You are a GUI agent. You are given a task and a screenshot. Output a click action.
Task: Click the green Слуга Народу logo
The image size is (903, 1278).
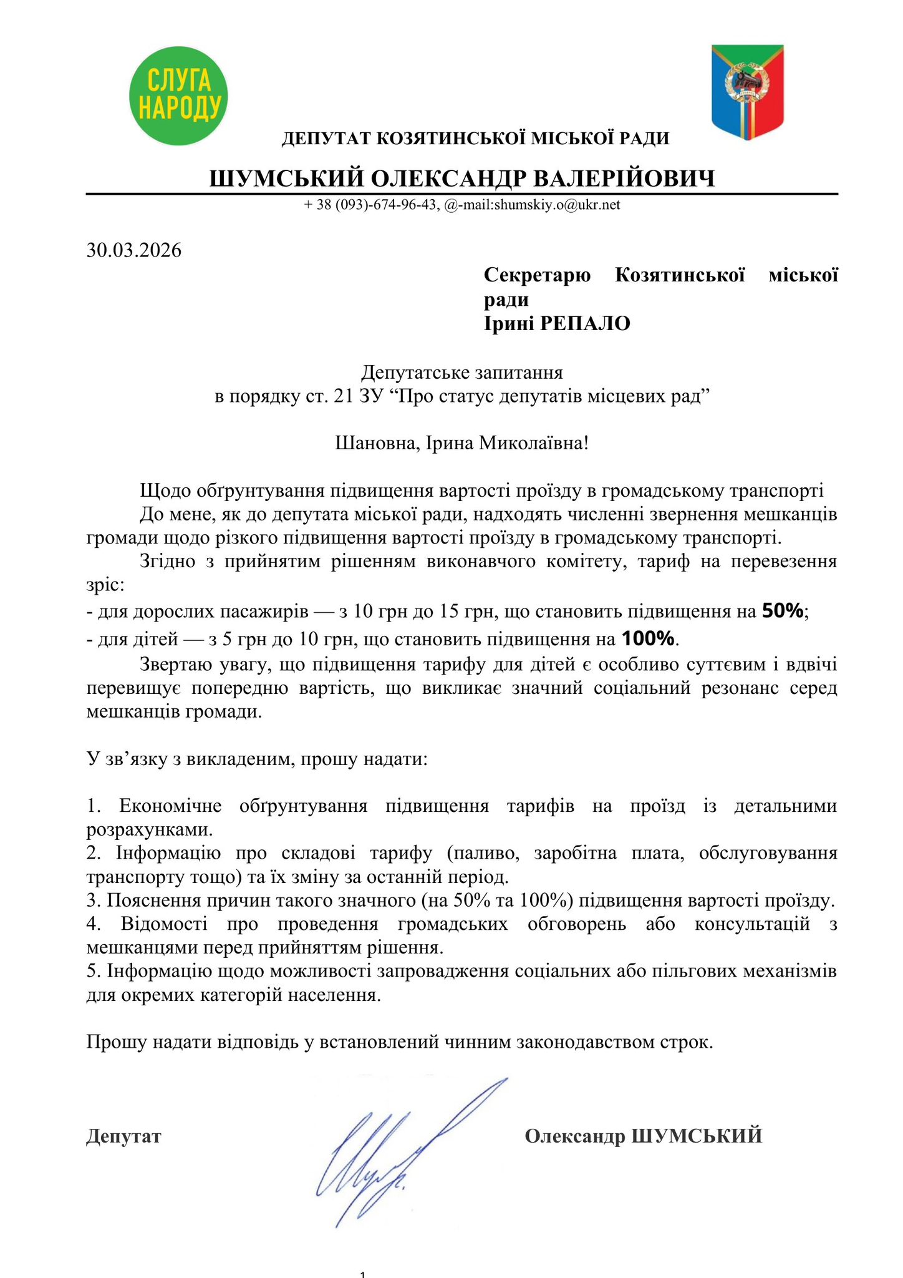(x=178, y=95)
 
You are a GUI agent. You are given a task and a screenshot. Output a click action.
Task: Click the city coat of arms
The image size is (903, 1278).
(x=748, y=92)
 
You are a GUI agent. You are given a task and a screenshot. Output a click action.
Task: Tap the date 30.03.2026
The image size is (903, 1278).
(x=134, y=251)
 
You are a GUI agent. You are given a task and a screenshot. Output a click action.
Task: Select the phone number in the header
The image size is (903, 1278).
(x=370, y=205)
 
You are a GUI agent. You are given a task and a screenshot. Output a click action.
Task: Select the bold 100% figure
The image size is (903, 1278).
(x=649, y=638)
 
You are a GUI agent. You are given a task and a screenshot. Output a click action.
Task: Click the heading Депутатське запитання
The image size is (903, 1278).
(x=462, y=373)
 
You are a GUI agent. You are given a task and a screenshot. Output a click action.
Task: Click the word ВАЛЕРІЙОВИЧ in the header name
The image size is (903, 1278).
(x=624, y=179)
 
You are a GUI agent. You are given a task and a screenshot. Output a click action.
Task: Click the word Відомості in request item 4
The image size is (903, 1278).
(x=164, y=924)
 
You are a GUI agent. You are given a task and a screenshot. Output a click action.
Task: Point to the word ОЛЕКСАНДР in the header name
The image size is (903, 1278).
(x=448, y=179)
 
